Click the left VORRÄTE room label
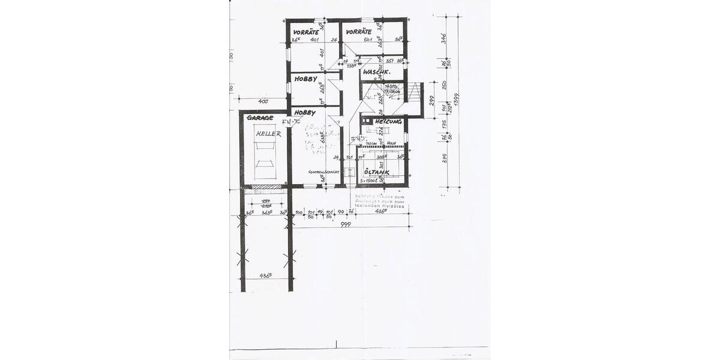pos(305,31)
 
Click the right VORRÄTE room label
pos(358,31)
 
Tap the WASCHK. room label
pos(377,72)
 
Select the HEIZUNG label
pos(388,122)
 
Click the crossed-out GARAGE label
pos(260,118)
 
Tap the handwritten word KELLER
pos(268,134)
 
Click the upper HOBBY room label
pos(305,79)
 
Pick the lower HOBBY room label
pos(305,112)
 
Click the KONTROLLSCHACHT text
pos(324,172)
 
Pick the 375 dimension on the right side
pos(445,158)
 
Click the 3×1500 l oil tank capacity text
pos(368,180)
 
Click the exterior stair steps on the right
pos(413,92)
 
